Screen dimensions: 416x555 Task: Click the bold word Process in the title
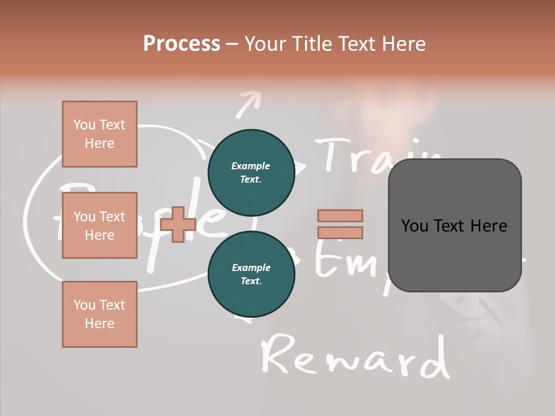pos(182,43)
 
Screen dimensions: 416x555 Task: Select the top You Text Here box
pos(99,134)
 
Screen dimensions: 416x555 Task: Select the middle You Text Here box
pos(99,225)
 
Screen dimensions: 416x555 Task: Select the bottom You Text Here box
pos(99,314)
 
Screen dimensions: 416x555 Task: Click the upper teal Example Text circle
pos(251,172)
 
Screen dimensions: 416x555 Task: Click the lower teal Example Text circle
pos(251,274)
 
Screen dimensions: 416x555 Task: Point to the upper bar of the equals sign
pos(341,216)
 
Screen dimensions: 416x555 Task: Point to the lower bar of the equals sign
pos(341,233)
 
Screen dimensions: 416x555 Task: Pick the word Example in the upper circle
pos(251,166)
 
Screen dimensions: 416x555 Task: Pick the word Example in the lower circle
pos(251,268)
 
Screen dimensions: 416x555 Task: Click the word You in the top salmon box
pos(84,125)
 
